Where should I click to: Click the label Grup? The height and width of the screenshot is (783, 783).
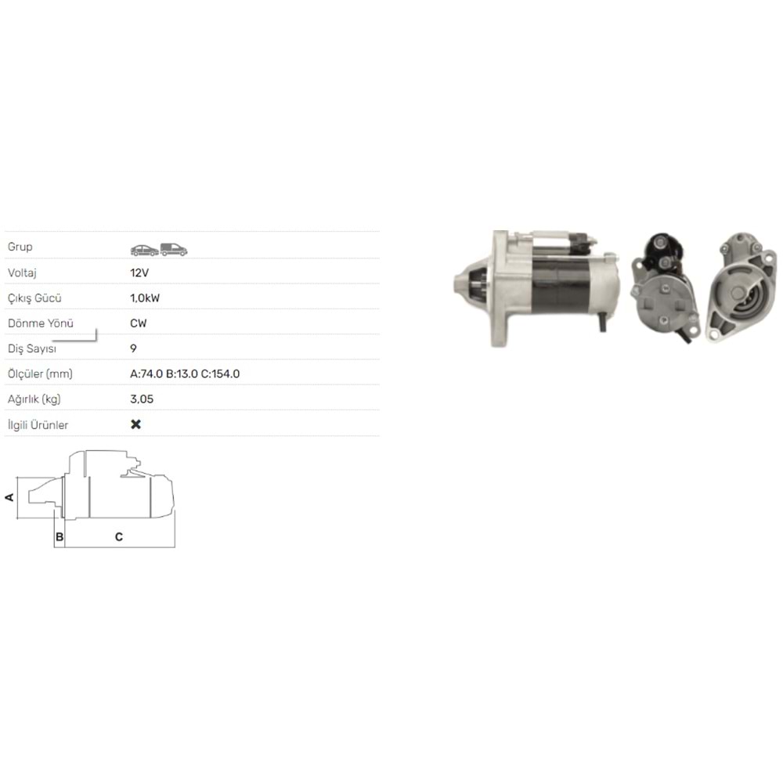point(20,247)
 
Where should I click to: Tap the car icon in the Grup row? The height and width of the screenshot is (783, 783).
point(145,250)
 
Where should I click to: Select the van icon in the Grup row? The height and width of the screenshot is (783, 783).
point(174,249)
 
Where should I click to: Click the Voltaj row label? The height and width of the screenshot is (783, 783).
point(22,272)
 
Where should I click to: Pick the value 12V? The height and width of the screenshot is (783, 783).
point(139,272)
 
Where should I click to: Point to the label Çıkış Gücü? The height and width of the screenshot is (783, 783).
point(34,298)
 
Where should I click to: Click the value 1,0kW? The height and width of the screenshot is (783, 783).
point(145,298)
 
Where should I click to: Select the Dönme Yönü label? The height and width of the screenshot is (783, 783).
point(41,323)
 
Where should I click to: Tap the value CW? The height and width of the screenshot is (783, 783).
point(139,323)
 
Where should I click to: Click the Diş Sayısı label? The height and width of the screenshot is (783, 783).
point(32,348)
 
